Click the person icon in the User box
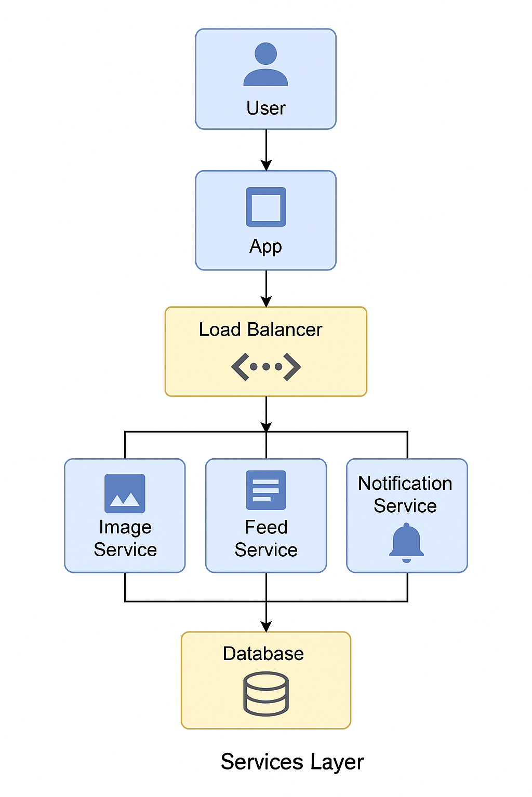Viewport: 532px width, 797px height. (x=265, y=64)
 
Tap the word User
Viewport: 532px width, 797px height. (x=266, y=108)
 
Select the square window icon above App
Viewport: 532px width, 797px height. (x=266, y=207)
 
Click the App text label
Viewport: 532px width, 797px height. (x=265, y=246)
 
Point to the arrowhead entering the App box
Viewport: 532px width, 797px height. (x=266, y=166)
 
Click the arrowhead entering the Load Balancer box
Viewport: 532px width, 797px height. (x=266, y=301)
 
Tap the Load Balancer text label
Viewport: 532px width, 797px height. (x=260, y=330)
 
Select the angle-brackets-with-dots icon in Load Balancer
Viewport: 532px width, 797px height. (x=266, y=367)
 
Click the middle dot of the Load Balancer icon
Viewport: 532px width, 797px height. (x=266, y=367)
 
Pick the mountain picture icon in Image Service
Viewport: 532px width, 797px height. (x=125, y=493)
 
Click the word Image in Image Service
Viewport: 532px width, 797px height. (x=125, y=528)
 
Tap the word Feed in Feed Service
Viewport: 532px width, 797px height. (x=266, y=528)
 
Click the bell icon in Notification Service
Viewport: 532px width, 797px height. (x=406, y=543)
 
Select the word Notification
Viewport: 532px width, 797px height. (x=405, y=484)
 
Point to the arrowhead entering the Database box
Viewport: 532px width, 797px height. (x=266, y=626)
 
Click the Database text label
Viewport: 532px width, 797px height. (x=263, y=654)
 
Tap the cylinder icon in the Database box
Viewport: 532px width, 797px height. (x=266, y=694)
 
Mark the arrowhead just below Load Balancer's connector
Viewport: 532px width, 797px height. (x=266, y=427)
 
